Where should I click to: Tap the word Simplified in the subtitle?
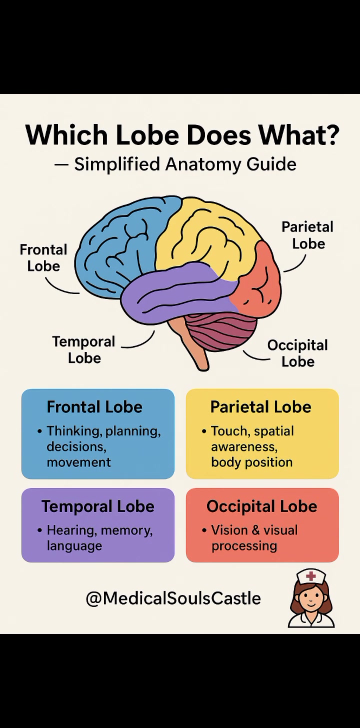pos(117,164)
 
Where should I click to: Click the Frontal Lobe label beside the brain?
pos(43,258)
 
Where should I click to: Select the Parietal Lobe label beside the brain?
pos(307,235)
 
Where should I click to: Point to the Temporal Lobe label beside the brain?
pos(84,350)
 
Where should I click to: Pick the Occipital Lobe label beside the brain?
pos(297,353)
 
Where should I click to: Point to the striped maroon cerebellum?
pos(221,331)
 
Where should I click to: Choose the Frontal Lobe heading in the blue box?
pos(94,407)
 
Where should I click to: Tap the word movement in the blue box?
pos(78,462)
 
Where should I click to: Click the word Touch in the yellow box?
pos(229,431)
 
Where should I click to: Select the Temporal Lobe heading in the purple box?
pos(98,506)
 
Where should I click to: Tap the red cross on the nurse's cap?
pos(311,576)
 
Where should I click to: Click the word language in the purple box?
pos(74,546)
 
